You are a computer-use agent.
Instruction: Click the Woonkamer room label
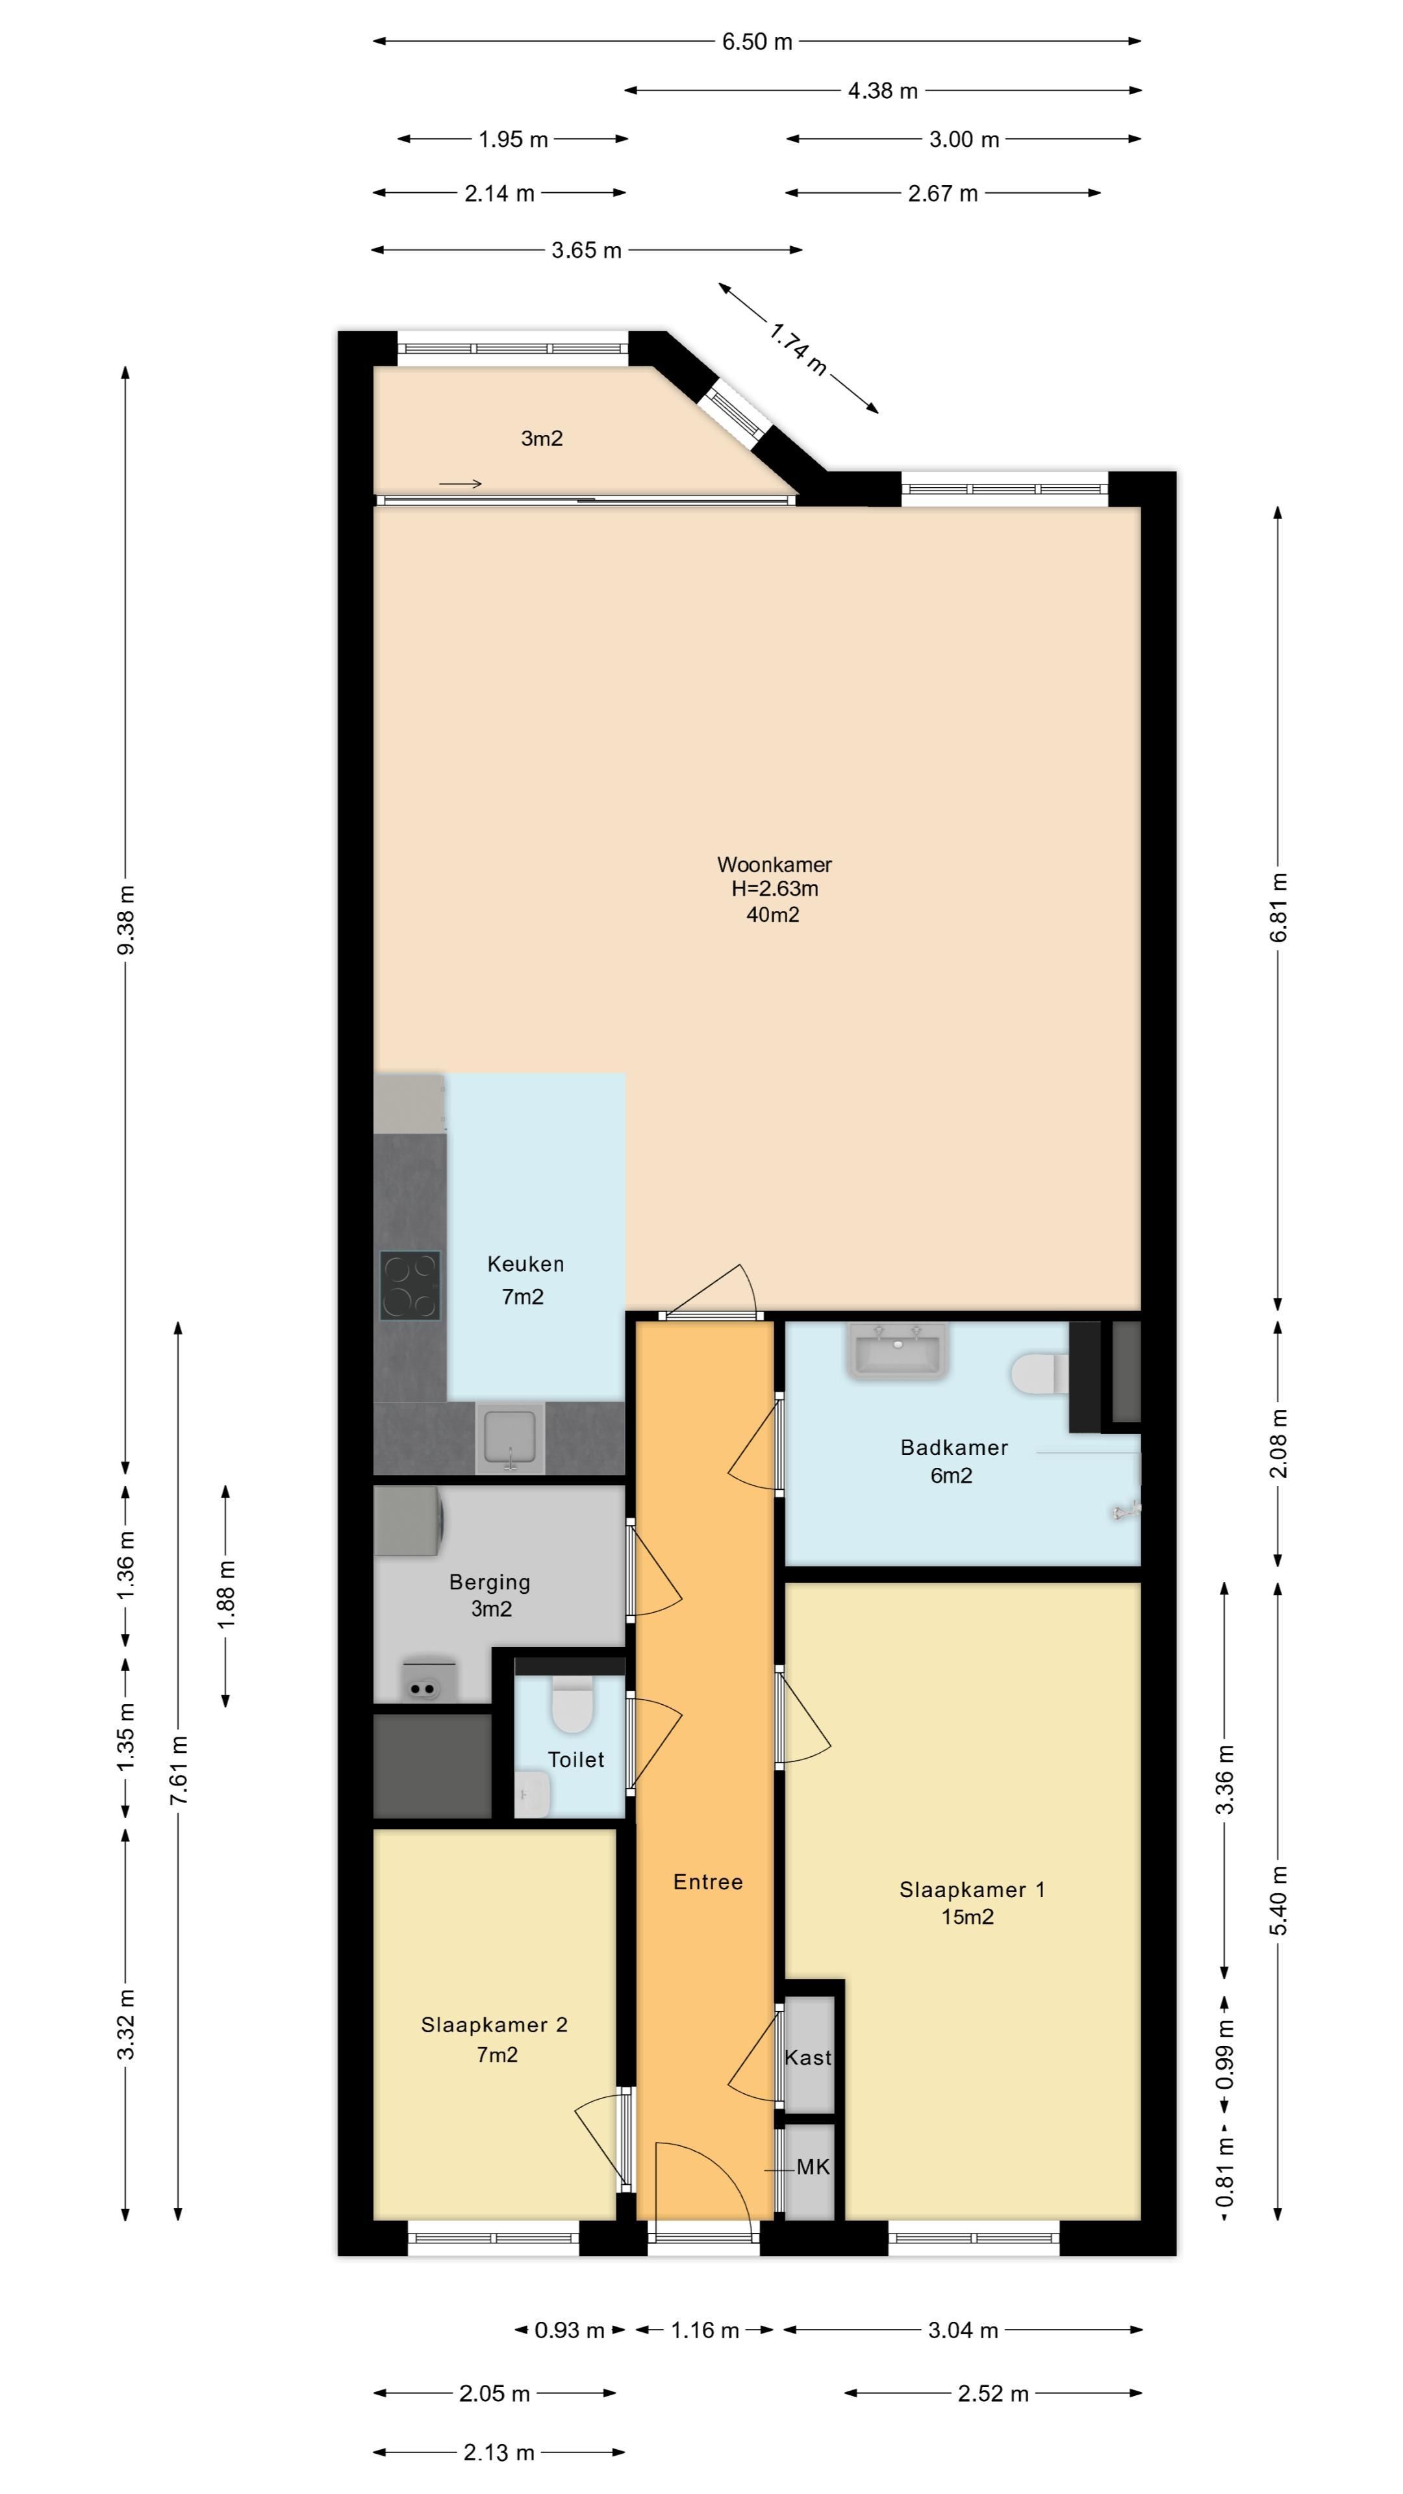(774, 864)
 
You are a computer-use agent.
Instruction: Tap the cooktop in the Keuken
(411, 1286)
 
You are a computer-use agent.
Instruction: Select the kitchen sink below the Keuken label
(511, 1440)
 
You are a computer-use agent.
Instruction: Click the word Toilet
(576, 1760)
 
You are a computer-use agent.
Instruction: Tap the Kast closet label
(807, 2058)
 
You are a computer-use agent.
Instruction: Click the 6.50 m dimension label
(757, 42)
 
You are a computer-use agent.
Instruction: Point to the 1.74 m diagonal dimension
(798, 349)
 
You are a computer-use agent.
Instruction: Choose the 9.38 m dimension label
(126, 920)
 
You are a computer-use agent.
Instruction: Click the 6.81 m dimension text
(1279, 907)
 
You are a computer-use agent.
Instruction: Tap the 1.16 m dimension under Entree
(705, 2330)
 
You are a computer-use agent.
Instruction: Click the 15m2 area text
(967, 1918)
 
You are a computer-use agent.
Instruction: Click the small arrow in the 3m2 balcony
(461, 484)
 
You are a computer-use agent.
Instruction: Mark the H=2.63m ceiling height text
(775, 888)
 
